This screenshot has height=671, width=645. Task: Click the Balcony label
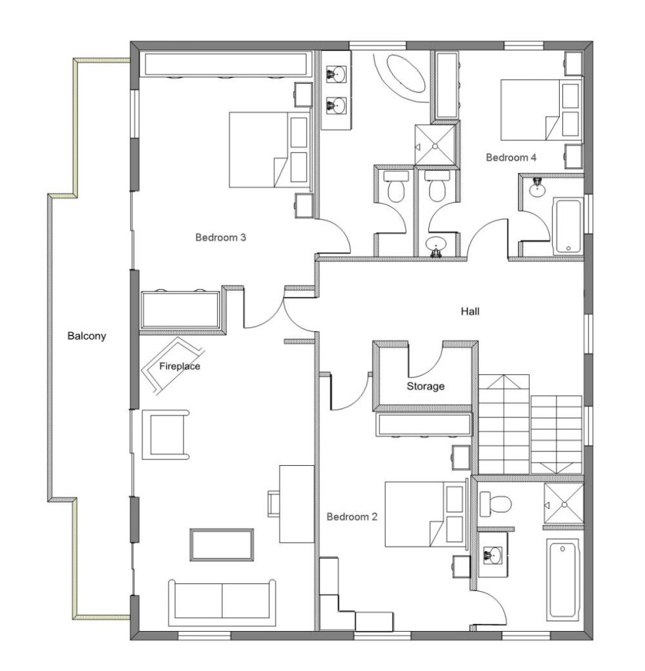pos(87,336)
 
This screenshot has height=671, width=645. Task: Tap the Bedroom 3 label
pos(221,237)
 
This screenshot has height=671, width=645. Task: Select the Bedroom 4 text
pos(511,157)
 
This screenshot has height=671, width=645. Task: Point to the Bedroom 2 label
pos(352,517)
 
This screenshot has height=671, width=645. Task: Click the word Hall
pos(470,311)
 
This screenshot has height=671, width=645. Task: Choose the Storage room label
pos(426,387)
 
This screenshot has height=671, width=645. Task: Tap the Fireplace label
pos(179,366)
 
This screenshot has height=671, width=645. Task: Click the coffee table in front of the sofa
pos(221,545)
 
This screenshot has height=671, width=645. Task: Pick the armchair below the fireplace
pos(166,435)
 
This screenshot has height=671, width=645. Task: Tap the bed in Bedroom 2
pos(425,514)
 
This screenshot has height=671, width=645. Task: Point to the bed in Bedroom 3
pos(270,150)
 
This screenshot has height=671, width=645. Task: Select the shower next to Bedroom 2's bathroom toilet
pos(564,504)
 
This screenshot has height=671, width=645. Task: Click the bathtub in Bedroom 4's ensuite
pos(568,225)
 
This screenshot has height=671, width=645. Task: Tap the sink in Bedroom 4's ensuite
pos(537,187)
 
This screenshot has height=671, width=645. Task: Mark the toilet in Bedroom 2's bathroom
pos(495,504)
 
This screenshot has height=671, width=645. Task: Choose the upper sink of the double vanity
pos(337,73)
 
